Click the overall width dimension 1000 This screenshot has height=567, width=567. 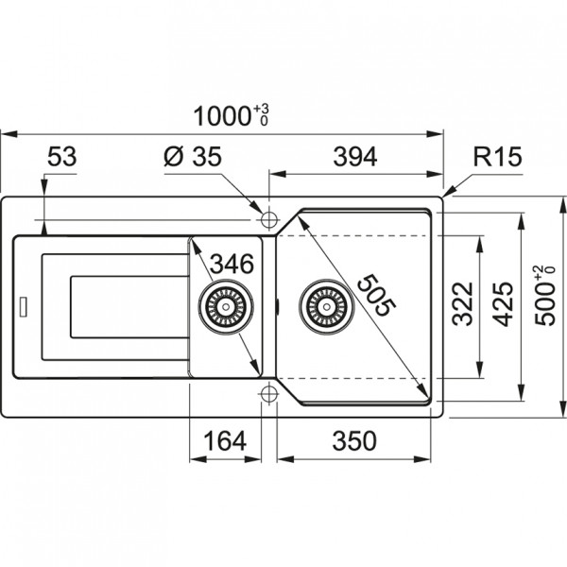pos(219,116)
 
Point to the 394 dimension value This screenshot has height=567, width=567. pos(356,158)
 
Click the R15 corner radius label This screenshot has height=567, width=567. pos(498,158)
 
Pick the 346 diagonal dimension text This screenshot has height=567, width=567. pos(231,264)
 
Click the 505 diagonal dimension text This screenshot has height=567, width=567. pos(374,293)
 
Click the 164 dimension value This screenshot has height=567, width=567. pos(225,440)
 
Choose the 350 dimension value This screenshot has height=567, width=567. pos(354,440)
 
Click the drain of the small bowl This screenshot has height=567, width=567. pos(225,306)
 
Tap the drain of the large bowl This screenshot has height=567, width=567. pos(326,306)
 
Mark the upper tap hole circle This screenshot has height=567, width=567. pos(267,219)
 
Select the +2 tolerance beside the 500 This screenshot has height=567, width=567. pos(539,272)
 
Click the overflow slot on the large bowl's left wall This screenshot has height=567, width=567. pos(277,305)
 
